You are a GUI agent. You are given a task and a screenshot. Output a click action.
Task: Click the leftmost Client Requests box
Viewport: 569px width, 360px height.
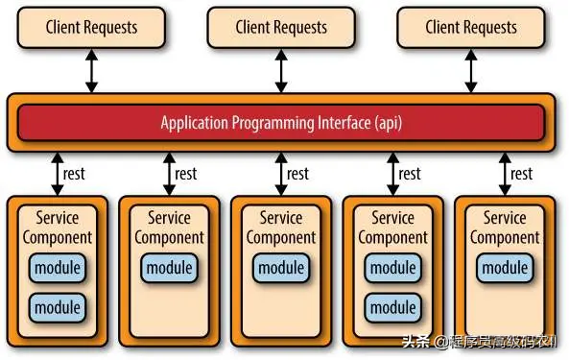click(91, 28)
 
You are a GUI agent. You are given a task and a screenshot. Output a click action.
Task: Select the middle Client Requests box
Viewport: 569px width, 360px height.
click(281, 28)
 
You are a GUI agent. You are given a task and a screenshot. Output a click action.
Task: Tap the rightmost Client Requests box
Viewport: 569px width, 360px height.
click(471, 28)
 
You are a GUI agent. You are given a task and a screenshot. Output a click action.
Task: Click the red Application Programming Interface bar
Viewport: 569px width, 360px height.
click(281, 123)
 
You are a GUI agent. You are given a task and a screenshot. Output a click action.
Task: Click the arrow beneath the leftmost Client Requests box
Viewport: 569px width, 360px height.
click(91, 71)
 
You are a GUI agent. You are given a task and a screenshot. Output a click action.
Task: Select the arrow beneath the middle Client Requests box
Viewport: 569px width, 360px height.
click(281, 71)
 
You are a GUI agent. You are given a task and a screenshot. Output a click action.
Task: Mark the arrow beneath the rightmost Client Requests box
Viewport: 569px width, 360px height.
click(471, 71)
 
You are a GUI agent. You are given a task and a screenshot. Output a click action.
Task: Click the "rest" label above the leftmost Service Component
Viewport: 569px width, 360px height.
click(74, 174)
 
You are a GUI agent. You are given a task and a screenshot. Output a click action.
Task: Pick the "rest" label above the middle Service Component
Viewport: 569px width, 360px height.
click(297, 174)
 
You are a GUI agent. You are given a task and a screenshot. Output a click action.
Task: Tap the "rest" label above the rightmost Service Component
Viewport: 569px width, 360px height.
click(521, 174)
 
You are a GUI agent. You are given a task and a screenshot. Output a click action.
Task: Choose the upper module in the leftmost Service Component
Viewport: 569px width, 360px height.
click(57, 268)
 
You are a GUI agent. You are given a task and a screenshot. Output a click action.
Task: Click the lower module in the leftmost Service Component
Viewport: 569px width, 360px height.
click(57, 308)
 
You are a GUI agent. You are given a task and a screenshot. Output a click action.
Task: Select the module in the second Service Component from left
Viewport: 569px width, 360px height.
click(170, 268)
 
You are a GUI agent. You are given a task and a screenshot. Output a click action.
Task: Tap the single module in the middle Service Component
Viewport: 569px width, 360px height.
click(281, 268)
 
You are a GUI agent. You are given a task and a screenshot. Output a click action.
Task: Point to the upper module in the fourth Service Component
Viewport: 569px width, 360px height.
click(392, 268)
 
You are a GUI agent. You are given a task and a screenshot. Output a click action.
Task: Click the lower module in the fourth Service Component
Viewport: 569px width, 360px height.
click(392, 308)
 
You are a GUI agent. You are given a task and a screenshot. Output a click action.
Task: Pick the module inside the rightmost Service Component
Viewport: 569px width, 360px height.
click(505, 268)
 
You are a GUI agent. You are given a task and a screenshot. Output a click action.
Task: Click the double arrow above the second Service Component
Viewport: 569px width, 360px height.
click(169, 174)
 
